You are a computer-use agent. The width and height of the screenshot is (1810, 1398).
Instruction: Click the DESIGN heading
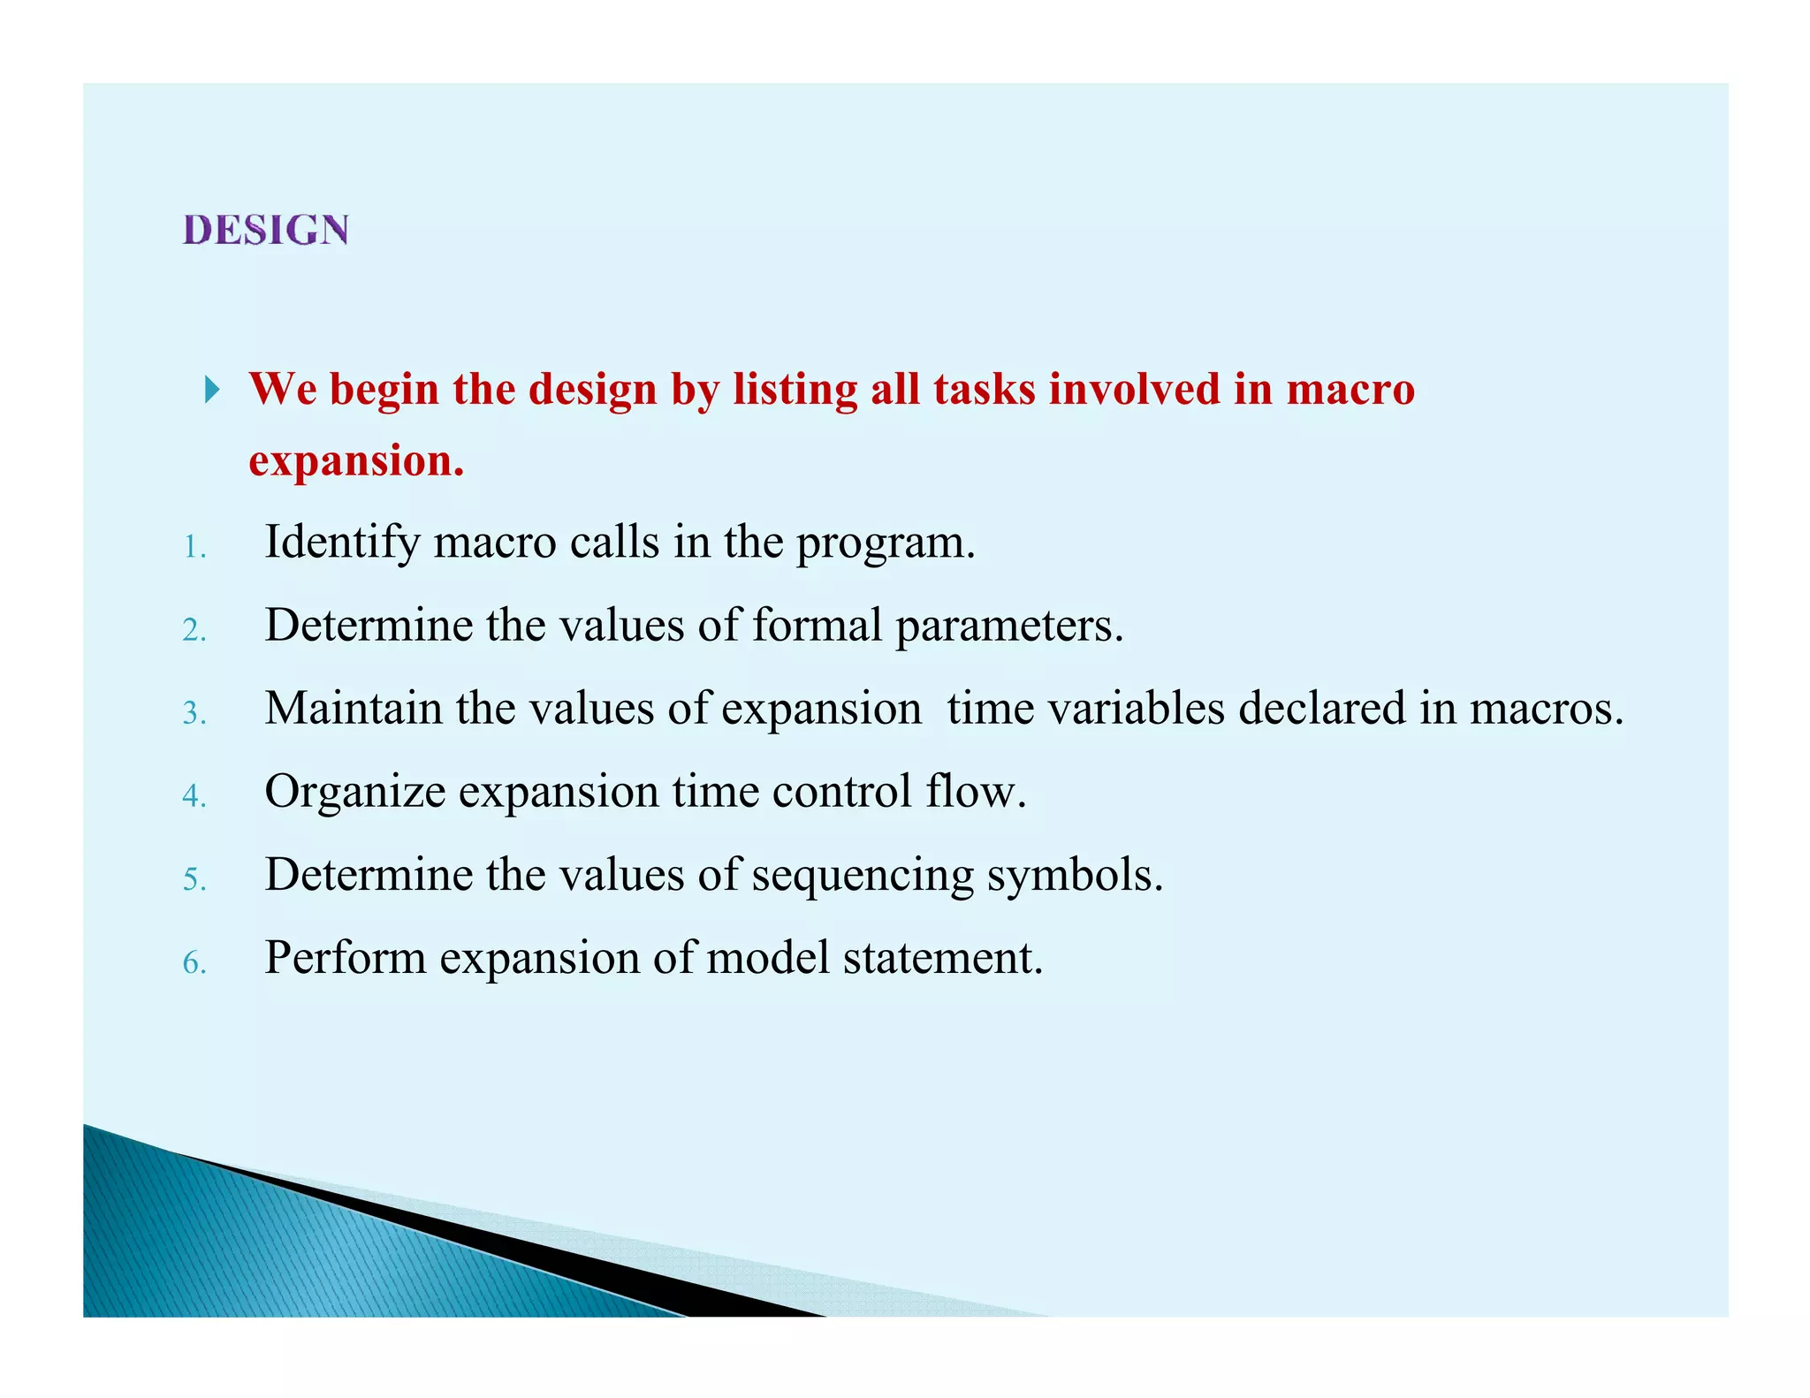point(266,230)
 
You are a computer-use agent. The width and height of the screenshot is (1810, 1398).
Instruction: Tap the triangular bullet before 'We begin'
point(211,389)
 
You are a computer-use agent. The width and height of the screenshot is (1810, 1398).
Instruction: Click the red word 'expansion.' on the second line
point(356,461)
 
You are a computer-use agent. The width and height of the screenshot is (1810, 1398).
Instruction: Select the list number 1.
point(194,548)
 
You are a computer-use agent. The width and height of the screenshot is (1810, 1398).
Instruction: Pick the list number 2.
point(194,631)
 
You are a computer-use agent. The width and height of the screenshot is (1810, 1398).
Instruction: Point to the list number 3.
point(194,713)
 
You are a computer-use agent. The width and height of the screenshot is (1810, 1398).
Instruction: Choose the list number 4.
point(194,796)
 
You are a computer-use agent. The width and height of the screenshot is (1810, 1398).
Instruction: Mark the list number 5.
point(194,879)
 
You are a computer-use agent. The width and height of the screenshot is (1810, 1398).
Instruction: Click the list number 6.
point(194,962)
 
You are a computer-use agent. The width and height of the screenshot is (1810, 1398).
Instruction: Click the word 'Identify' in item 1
point(342,543)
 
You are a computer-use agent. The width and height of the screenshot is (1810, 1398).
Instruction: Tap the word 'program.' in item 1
point(886,543)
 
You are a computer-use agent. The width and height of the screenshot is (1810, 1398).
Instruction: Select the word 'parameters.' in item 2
point(1009,626)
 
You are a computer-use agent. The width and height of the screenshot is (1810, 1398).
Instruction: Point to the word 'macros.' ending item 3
point(1547,709)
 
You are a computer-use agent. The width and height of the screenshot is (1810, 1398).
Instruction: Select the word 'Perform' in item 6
point(345,958)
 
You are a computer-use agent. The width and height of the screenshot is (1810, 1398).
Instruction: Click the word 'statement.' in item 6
point(943,958)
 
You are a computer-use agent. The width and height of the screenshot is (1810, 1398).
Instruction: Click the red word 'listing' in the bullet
point(795,390)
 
